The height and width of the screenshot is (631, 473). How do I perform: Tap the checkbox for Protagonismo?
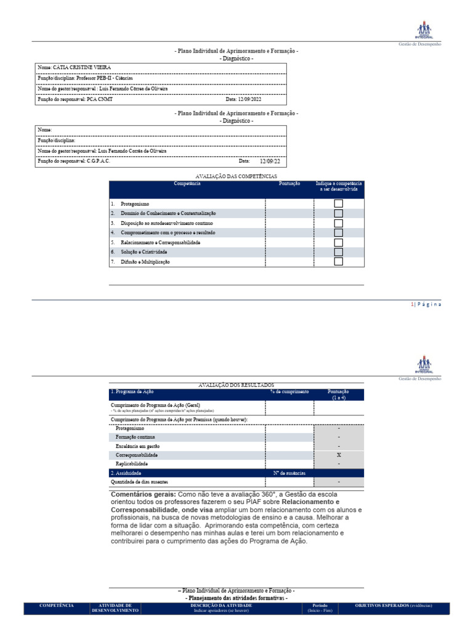click(x=338, y=203)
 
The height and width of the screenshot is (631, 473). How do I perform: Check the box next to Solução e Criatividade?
click(x=338, y=252)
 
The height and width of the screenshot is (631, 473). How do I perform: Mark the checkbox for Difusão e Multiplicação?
click(x=338, y=261)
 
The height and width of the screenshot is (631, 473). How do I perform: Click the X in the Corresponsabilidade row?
click(x=339, y=454)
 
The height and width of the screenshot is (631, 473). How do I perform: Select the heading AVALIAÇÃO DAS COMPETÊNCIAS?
click(x=236, y=176)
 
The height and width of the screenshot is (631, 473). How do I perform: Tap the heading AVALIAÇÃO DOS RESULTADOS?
click(x=236, y=385)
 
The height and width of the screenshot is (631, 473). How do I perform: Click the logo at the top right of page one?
click(x=424, y=30)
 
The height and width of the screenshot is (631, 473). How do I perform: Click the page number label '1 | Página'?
click(x=426, y=304)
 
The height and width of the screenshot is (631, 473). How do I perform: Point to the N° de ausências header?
click(x=289, y=473)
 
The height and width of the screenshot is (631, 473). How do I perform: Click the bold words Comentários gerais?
click(x=142, y=494)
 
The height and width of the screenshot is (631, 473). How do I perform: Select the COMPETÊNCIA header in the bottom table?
click(x=57, y=606)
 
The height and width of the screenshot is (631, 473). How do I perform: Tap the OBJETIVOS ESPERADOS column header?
click(x=394, y=606)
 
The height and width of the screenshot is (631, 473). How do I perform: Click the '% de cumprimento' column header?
click(x=289, y=391)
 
